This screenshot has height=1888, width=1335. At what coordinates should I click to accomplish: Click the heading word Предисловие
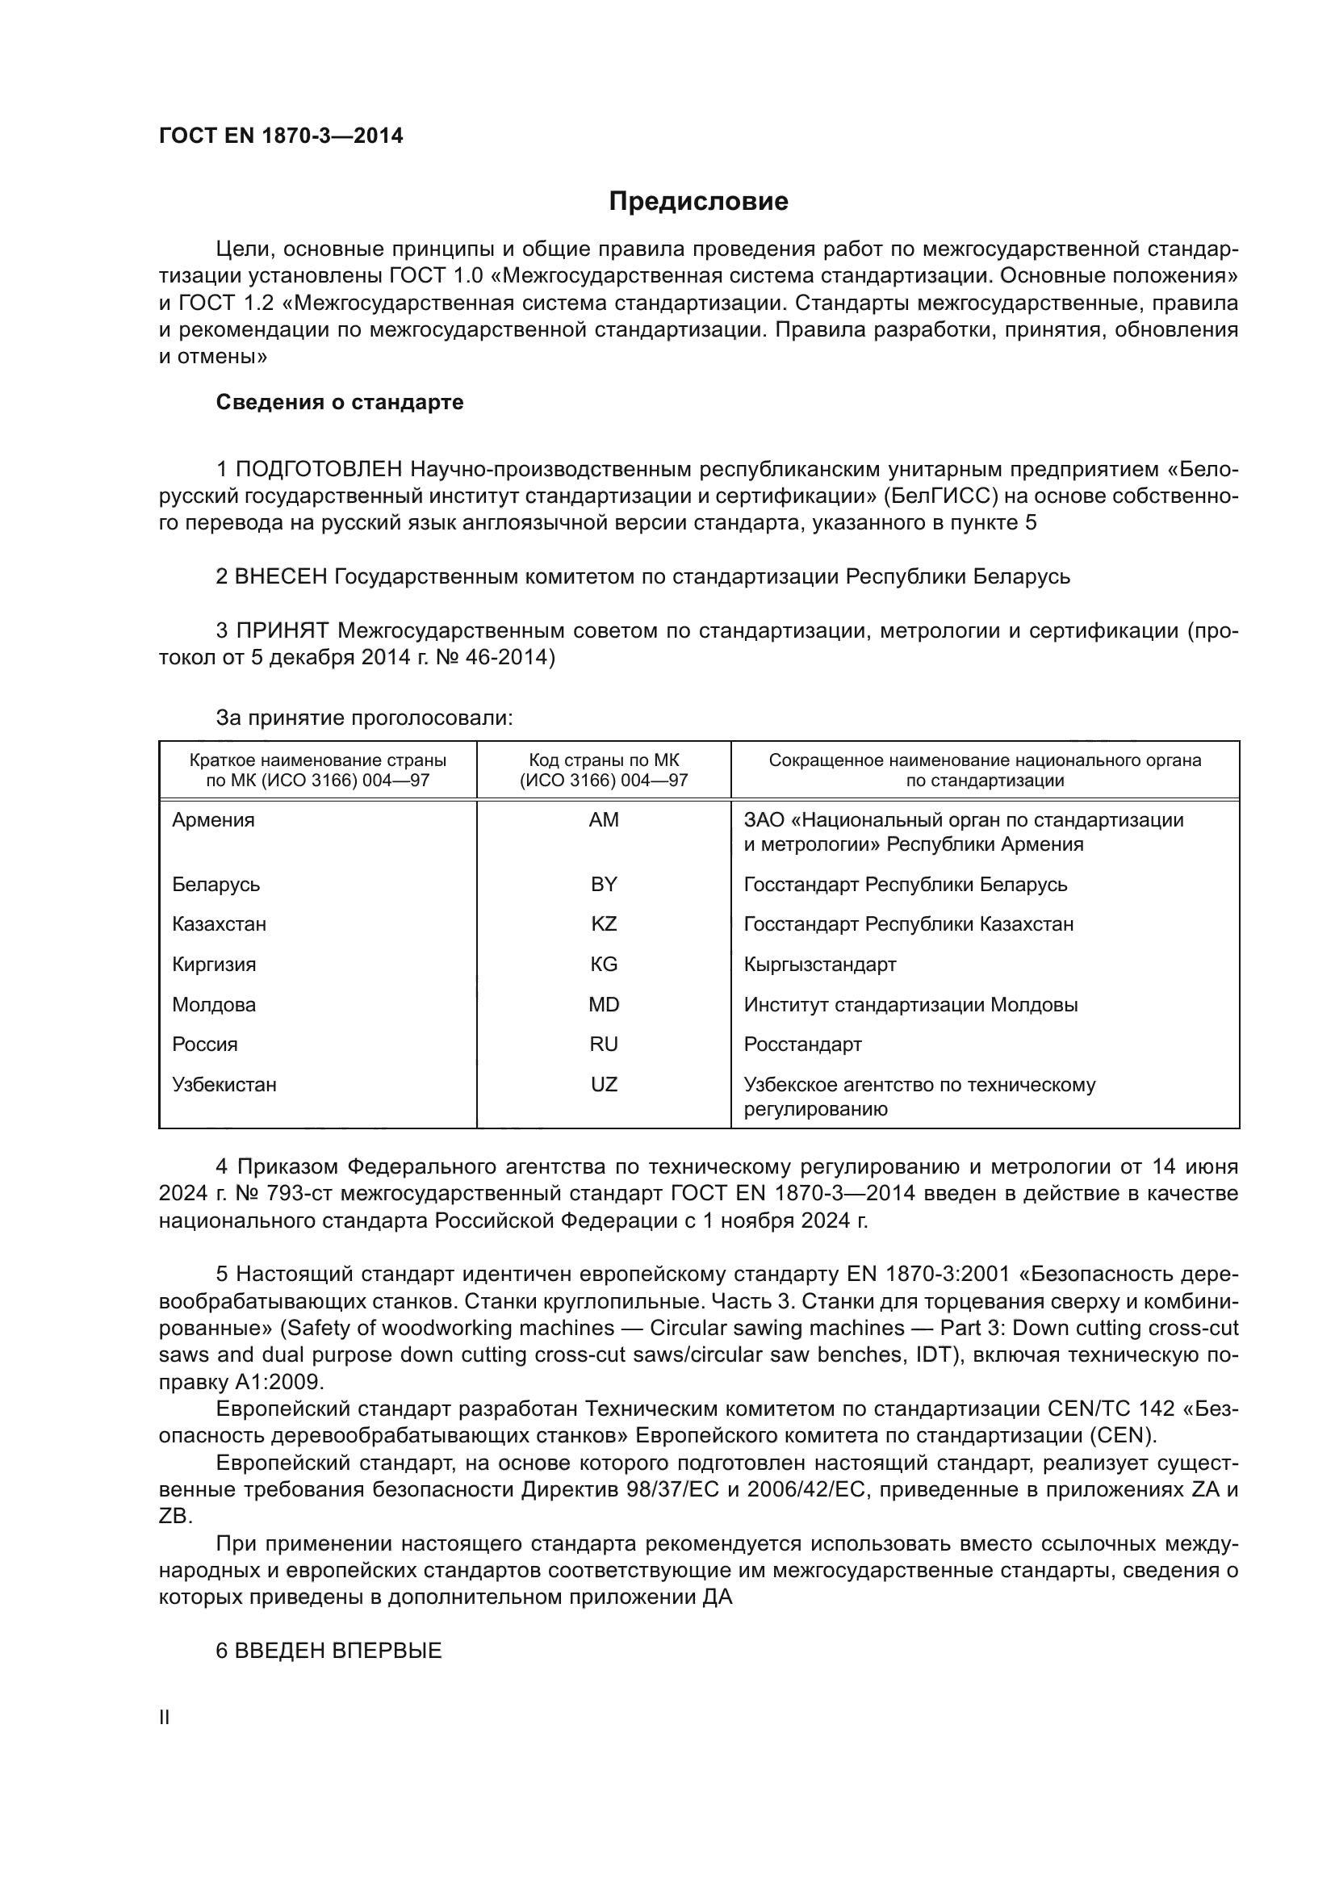point(698,202)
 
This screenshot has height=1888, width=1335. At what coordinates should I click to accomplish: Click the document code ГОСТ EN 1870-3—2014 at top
point(281,136)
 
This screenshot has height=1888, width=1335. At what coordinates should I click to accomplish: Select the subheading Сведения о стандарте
point(340,402)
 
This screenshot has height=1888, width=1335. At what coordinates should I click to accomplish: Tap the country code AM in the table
point(604,820)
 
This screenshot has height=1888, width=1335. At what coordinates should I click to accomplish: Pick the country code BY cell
point(604,884)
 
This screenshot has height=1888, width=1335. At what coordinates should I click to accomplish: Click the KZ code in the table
point(604,923)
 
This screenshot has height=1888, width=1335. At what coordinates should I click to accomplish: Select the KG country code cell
point(604,964)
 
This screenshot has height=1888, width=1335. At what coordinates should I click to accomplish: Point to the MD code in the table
point(604,1004)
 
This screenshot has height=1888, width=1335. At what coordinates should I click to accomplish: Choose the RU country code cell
point(604,1044)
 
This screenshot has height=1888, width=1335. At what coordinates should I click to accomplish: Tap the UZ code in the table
point(604,1084)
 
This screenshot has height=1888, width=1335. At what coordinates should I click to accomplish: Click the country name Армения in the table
point(213,820)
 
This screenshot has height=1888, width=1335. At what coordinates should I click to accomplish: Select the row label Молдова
point(214,1004)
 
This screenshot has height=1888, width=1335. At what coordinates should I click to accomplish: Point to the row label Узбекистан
point(224,1084)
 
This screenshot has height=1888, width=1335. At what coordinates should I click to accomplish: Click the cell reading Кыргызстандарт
point(819,964)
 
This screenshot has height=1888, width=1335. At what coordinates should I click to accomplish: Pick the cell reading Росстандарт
point(802,1044)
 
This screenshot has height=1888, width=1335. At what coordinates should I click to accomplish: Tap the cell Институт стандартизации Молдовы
point(910,1004)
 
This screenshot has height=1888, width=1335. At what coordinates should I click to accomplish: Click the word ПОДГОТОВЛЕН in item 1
point(319,470)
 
